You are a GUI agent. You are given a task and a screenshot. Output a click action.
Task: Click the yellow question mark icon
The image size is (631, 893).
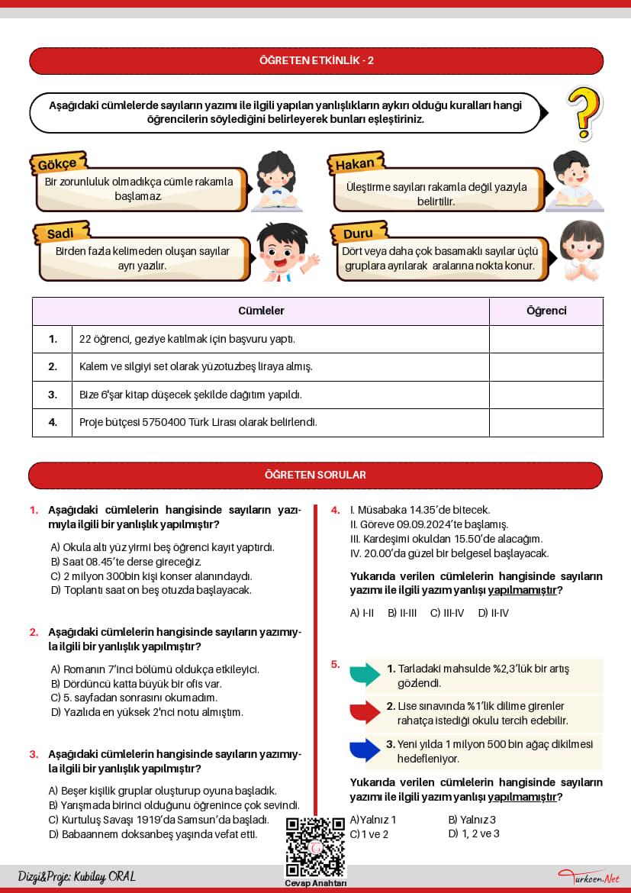585,112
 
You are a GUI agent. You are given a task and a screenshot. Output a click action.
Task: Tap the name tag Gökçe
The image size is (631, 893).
57,164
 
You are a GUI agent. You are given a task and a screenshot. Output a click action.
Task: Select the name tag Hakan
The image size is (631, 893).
355,164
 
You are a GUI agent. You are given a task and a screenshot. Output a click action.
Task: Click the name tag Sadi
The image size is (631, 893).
60,233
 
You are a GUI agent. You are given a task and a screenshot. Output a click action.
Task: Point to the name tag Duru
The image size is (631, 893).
358,233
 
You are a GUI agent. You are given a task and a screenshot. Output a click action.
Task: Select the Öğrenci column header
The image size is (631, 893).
546,311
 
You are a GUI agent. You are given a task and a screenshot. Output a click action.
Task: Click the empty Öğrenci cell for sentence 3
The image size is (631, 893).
546,395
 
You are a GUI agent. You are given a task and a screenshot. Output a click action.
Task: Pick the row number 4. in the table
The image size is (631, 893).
53,421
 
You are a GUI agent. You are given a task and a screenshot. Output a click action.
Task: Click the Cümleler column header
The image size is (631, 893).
261,311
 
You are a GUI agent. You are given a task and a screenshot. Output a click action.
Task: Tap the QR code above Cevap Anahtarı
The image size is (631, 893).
315,846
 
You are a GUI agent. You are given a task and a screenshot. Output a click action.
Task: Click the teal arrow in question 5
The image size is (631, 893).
365,674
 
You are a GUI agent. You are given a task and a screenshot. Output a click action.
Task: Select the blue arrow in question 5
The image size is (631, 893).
365,750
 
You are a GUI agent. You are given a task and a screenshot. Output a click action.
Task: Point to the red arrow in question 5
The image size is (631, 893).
365,712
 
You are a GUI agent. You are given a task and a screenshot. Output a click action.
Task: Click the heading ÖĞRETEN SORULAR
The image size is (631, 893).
315,475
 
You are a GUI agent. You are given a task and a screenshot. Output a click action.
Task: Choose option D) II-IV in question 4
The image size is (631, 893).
493,613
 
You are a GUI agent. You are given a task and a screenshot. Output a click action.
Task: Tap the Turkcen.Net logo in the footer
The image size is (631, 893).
588,877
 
